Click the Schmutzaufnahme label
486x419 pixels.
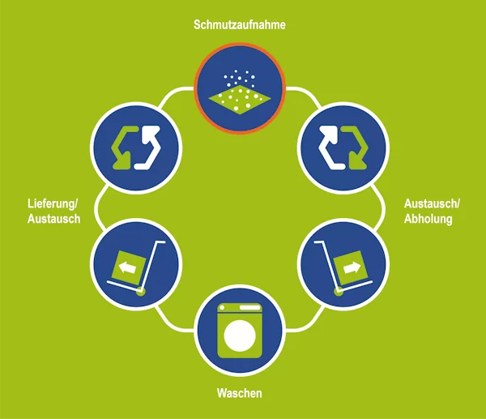coord(239,24)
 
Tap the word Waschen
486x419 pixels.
coord(239,393)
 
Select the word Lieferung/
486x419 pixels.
coord(53,203)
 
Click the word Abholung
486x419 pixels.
coord(428,219)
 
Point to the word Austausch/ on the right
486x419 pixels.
coord(432,203)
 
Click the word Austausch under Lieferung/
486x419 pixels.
coord(54,219)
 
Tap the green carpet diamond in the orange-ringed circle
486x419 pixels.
coord(240,100)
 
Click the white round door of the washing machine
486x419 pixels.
coord(240,336)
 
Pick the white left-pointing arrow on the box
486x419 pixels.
coord(128,267)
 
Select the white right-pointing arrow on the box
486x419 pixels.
coord(352,267)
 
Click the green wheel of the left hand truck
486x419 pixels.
coord(141,292)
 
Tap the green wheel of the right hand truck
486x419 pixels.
coord(339,292)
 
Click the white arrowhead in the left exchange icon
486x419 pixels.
coord(150,133)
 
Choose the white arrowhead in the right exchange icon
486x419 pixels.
coord(330,133)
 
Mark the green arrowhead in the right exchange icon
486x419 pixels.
coord(358,161)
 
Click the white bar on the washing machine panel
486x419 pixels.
coord(249,308)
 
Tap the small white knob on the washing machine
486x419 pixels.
coord(222,308)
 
